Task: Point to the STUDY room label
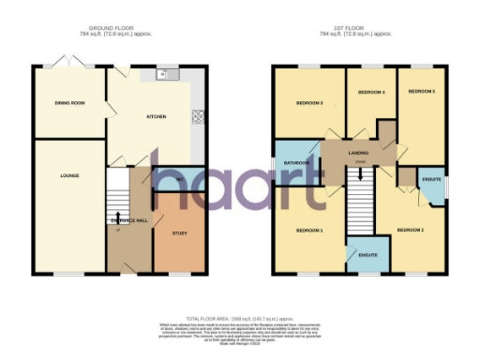(178, 232)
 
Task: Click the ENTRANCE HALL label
(129, 220)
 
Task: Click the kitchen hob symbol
(198, 117)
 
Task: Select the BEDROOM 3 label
(309, 103)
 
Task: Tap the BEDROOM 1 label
(309, 230)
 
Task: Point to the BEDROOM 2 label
(410, 230)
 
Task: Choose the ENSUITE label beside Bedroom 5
(432, 178)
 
